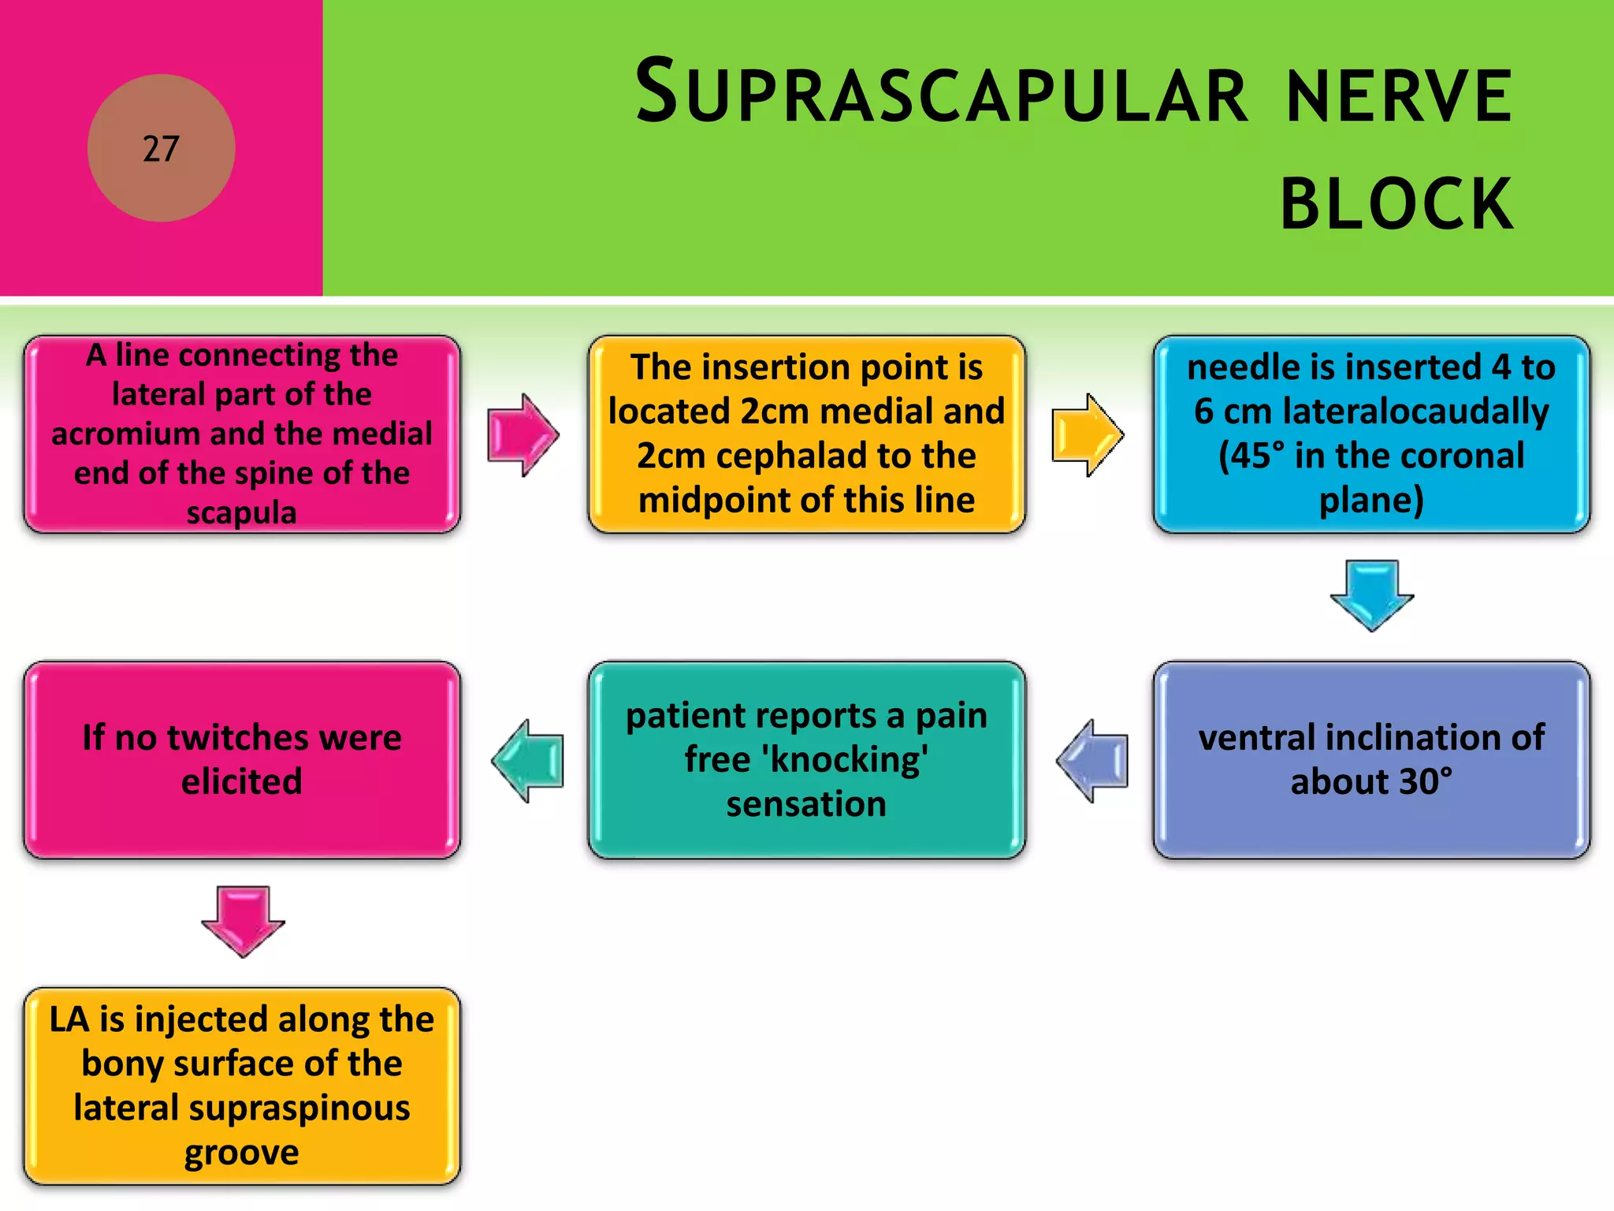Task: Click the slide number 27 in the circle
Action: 161,148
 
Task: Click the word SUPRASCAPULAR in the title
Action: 942,93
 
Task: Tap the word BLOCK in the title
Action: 1396,204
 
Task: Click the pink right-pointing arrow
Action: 523,435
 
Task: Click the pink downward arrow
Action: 243,921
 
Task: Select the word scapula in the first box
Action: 242,512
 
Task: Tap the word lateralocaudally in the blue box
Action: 1415,412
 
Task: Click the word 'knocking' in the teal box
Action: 845,760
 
